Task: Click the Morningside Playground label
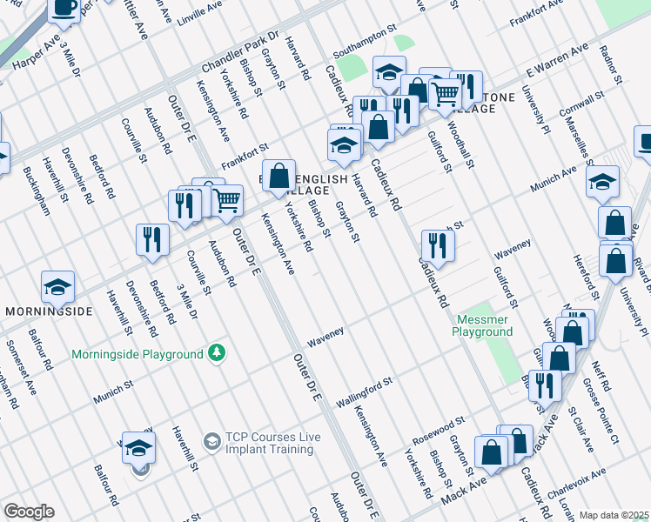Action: pos(136,354)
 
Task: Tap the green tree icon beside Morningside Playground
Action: pos(217,353)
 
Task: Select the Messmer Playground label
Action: pos(481,325)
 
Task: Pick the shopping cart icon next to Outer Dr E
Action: pos(227,199)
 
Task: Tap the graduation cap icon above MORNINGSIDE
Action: pos(57,286)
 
